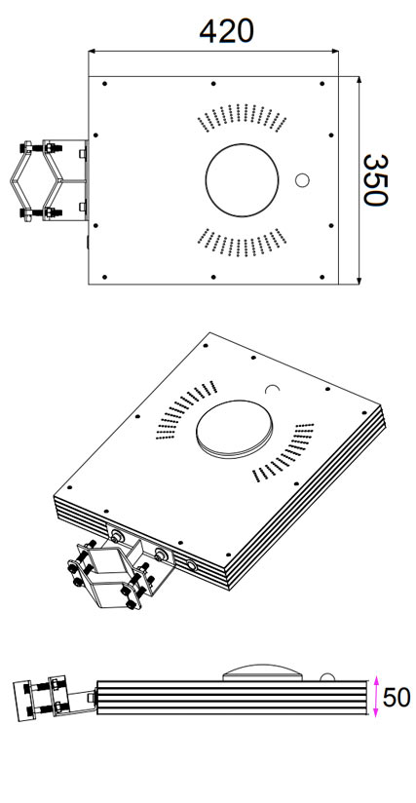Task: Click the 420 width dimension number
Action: point(226,31)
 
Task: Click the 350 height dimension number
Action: point(375,180)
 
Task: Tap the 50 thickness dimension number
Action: point(397,698)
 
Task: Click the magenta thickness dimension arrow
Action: point(376,697)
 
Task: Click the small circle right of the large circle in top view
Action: point(302,180)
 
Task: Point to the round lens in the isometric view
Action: point(234,429)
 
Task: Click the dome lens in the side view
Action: point(262,672)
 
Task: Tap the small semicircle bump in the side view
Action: point(327,677)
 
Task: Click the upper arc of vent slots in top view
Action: point(242,117)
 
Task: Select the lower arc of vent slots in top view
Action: point(242,243)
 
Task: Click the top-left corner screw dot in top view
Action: point(104,84)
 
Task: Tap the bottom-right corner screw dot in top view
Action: point(321,277)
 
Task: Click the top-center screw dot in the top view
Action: point(212,84)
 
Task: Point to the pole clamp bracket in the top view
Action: point(49,181)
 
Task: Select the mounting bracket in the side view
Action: point(55,698)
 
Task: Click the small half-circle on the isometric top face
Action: point(273,390)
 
